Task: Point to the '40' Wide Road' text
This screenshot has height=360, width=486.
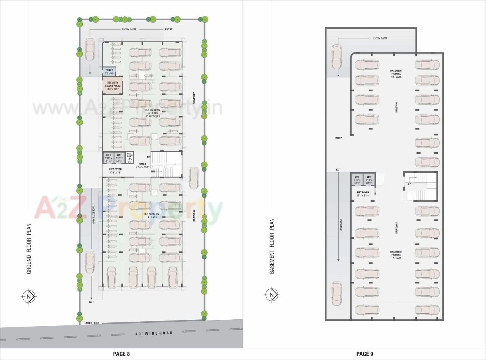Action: (154, 333)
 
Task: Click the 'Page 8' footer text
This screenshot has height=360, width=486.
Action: (121, 354)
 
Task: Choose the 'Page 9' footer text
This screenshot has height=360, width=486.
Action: (364, 354)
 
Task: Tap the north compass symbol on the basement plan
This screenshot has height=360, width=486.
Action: (271, 295)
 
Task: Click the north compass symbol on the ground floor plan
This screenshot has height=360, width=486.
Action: (29, 296)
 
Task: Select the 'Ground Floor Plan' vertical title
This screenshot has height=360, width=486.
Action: (29, 248)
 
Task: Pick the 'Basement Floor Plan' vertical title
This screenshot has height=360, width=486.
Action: (271, 246)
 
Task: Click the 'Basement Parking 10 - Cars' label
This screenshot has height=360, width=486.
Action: (396, 74)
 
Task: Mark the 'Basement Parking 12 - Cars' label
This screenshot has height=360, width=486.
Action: (396, 255)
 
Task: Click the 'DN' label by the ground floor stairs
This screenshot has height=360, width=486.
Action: (153, 172)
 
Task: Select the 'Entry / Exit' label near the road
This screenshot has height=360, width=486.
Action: (92, 323)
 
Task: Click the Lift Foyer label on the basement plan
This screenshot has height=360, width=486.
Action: (363, 194)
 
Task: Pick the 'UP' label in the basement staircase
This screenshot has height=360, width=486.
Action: (409, 184)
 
